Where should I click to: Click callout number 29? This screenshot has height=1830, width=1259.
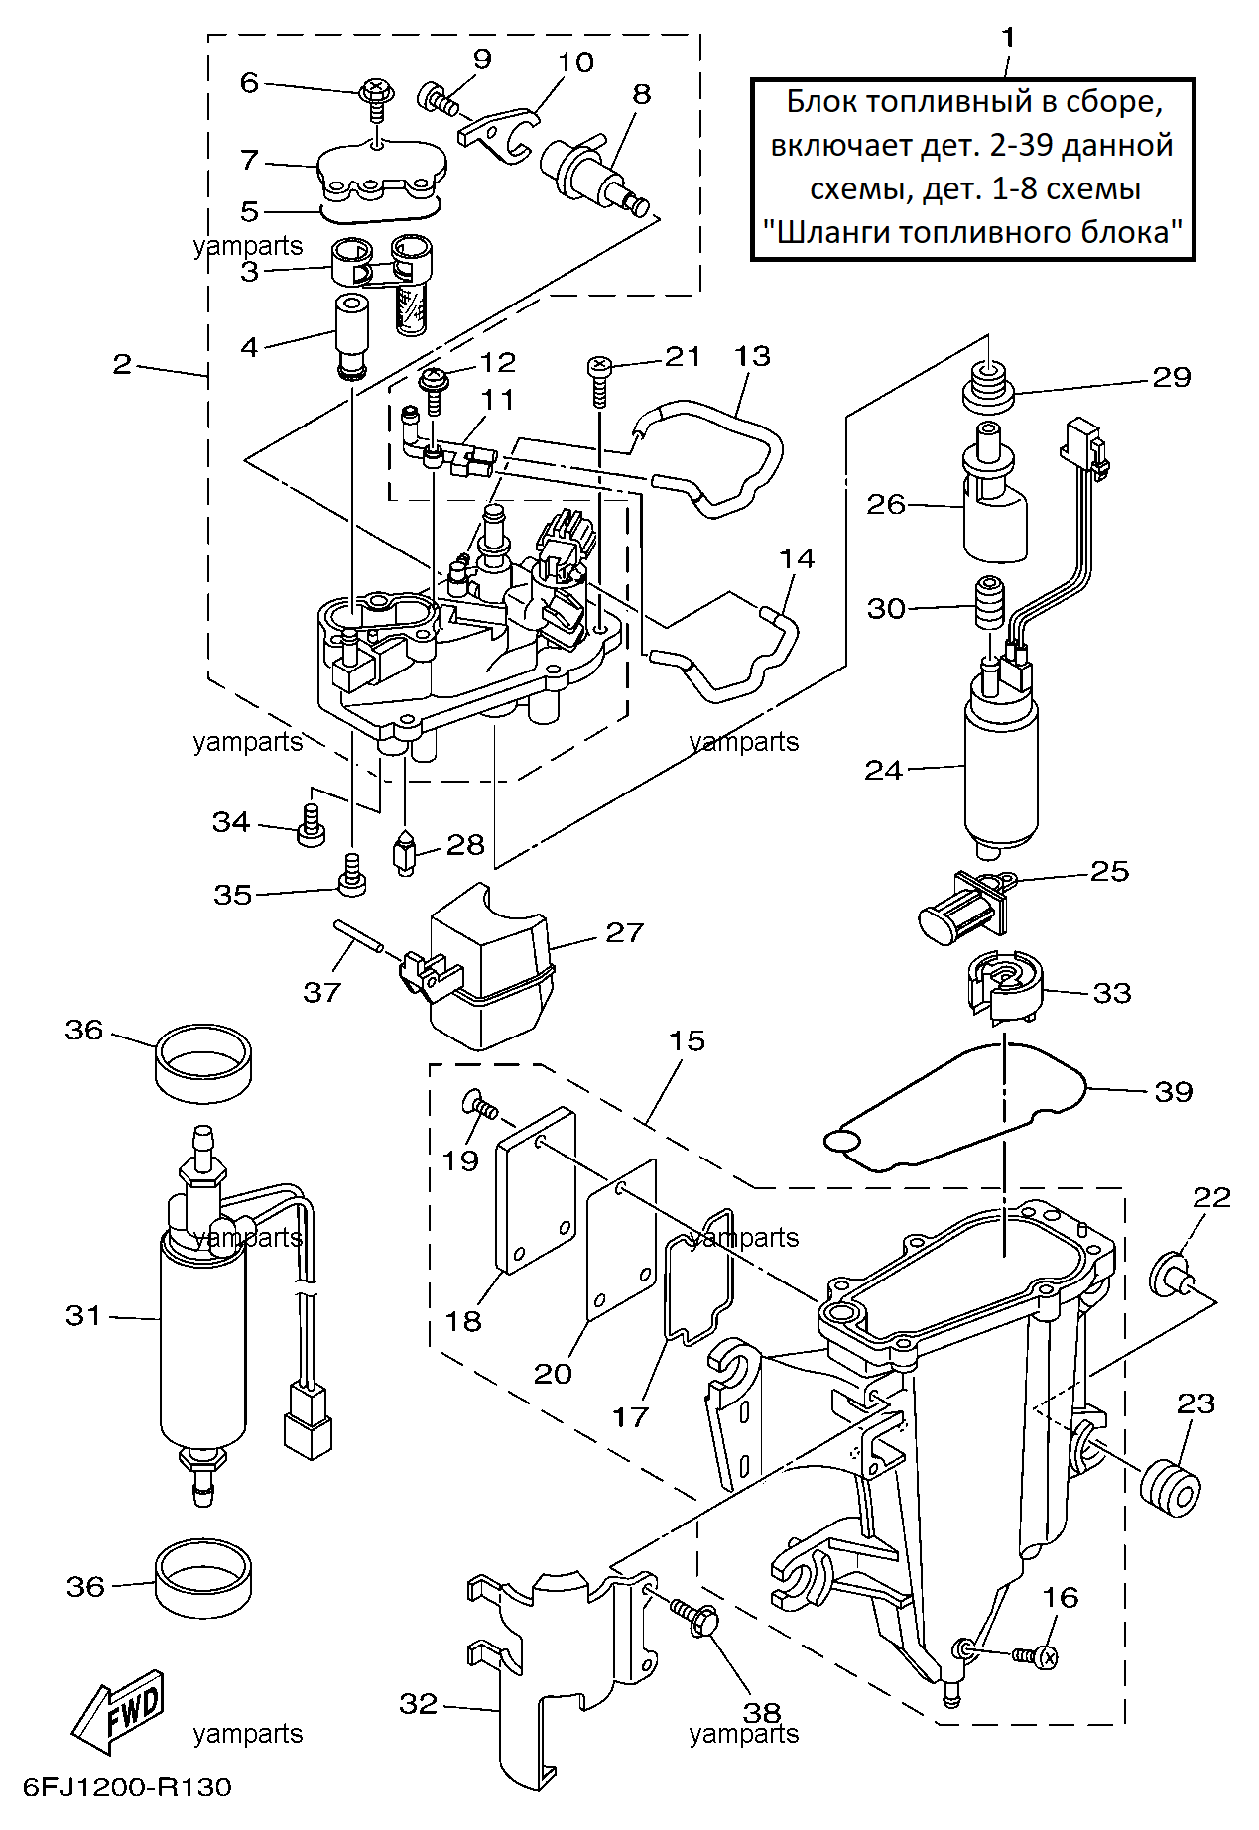[x=1171, y=377]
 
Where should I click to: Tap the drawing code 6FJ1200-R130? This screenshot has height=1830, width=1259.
[x=127, y=1787]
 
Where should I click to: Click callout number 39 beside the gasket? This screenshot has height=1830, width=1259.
[x=1173, y=1091]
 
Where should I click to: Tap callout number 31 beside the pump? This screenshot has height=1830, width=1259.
[x=84, y=1315]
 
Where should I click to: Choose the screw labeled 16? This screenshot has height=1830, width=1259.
[x=1036, y=1655]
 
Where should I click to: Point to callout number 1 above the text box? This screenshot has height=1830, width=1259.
[x=1008, y=38]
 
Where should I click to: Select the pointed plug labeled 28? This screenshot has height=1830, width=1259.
[x=405, y=853]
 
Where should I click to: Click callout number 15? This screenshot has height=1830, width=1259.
[x=687, y=1040]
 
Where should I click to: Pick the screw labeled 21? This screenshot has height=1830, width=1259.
[x=599, y=380]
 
